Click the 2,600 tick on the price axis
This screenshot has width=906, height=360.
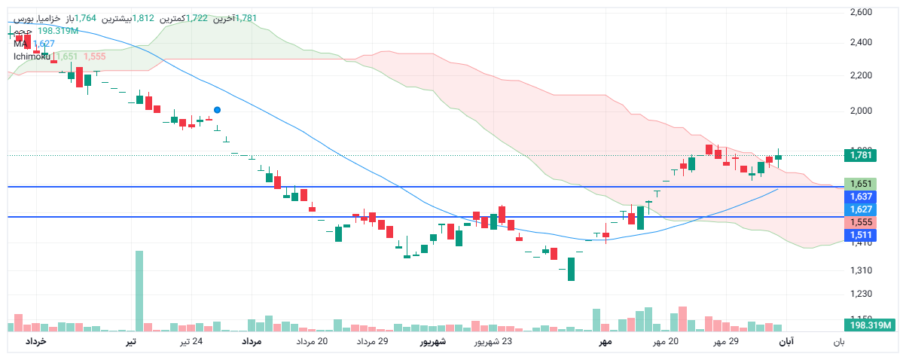860,12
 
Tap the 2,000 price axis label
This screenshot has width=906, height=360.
860,111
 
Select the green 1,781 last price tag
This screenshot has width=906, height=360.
860,156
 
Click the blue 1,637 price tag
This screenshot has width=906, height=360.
860,197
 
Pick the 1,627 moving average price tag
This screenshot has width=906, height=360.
860,209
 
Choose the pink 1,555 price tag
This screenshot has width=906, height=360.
860,222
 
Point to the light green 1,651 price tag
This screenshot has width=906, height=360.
860,184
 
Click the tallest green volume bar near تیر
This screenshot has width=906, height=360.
139,290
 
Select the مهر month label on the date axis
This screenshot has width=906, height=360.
604,343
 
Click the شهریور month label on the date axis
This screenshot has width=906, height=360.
432,343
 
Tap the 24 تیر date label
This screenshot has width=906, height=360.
191,343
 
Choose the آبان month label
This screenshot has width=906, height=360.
785,343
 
